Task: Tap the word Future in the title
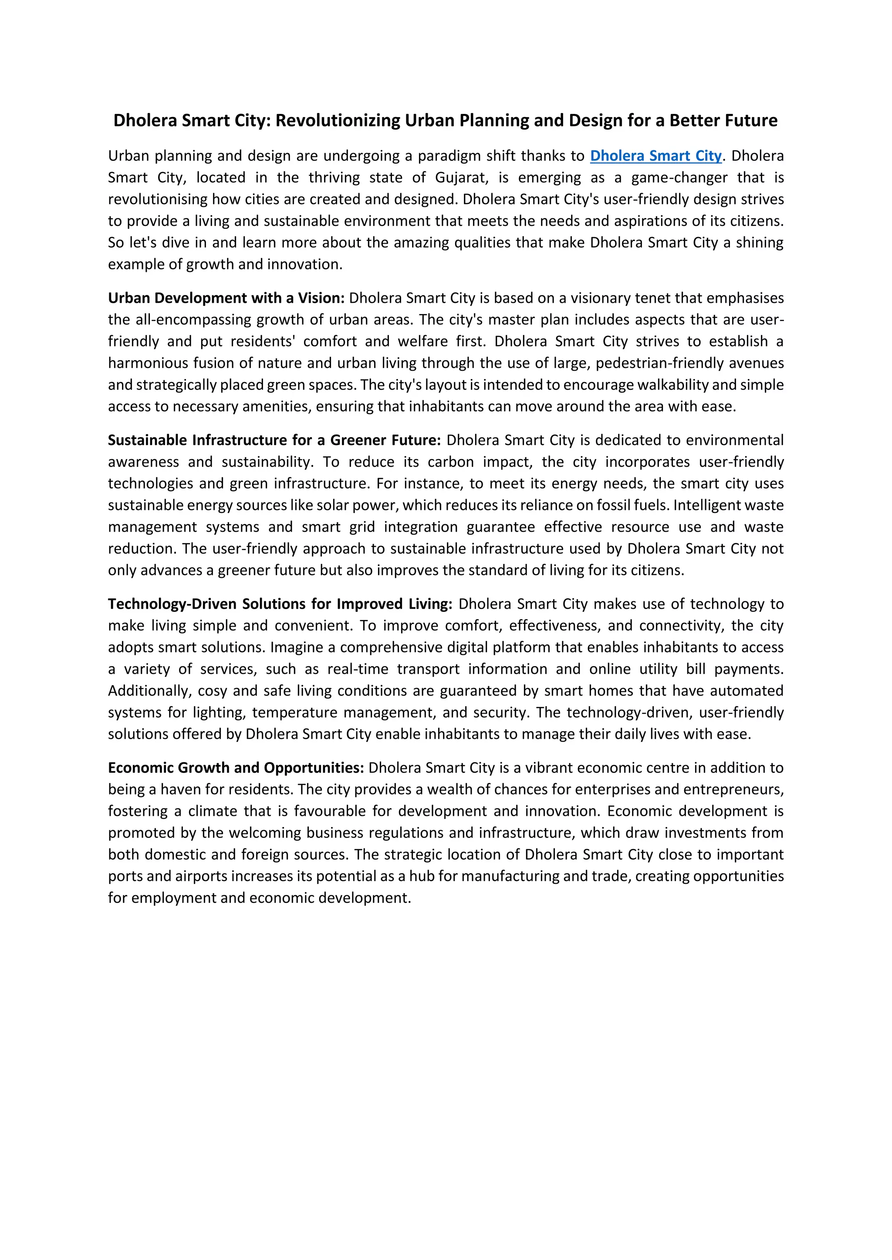(750, 120)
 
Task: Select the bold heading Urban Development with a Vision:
(226, 298)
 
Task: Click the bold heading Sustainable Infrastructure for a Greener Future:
(274, 440)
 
